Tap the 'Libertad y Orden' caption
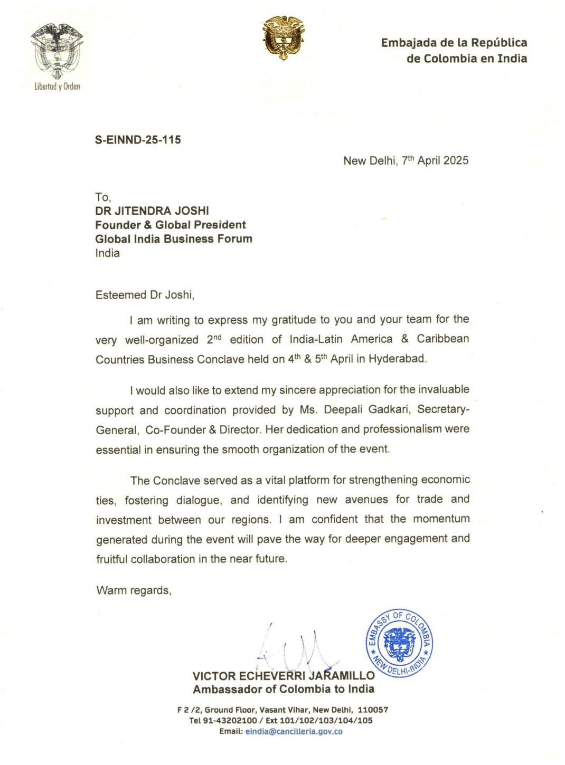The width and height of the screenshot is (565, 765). tap(57, 87)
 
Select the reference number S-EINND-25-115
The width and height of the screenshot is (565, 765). tap(138, 140)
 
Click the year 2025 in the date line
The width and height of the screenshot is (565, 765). tap(456, 160)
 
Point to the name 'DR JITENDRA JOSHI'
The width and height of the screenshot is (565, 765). tap(152, 211)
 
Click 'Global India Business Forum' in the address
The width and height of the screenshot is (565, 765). tap(174, 238)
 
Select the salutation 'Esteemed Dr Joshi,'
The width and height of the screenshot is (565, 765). tap(145, 295)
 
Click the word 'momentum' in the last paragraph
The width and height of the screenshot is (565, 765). tap(441, 519)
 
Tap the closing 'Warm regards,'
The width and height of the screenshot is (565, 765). tap(134, 590)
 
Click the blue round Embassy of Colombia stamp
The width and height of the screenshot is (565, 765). tap(400, 643)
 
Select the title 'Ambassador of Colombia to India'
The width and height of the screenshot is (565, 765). tap(284, 689)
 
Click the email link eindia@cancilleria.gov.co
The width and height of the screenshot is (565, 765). tap(294, 731)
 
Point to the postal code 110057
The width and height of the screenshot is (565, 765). tap(373, 710)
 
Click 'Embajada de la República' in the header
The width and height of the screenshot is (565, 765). tap(454, 43)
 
